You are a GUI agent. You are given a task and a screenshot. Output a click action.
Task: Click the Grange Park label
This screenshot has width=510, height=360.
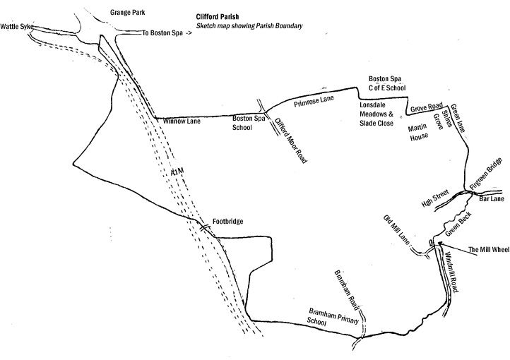coord(126,13)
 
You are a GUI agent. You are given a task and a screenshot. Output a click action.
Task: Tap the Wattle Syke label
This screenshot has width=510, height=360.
coord(17,26)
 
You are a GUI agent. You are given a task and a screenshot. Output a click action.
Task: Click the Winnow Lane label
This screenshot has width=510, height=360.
coord(182,122)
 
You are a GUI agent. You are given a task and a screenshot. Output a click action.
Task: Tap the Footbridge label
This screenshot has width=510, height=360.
coord(227,222)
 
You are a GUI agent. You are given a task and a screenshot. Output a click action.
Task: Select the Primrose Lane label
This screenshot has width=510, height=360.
coord(314,102)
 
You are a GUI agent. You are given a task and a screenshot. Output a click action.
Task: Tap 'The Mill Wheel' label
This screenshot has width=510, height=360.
coord(487,249)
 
